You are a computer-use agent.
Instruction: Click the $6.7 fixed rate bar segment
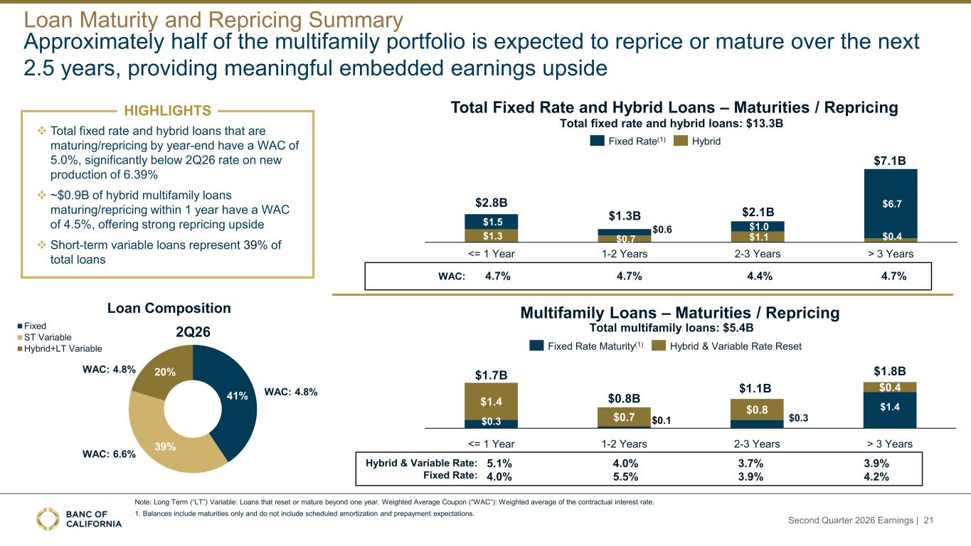[891, 203]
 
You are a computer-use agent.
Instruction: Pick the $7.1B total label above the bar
[890, 161]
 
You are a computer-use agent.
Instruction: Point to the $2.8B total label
[491, 203]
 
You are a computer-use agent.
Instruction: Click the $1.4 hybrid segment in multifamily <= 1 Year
[491, 402]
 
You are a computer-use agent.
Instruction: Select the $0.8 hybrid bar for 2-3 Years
[757, 410]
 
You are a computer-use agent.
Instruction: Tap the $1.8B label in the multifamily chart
[890, 371]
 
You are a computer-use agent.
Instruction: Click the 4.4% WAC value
[760, 276]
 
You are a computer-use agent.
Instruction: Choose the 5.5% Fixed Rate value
[625, 477]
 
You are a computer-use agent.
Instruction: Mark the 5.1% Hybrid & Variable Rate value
[499, 464]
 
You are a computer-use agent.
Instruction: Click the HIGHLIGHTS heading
[167, 111]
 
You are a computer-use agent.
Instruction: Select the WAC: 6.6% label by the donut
[110, 454]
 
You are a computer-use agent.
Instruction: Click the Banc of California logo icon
[48, 519]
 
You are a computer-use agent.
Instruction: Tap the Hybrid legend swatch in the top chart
[681, 141]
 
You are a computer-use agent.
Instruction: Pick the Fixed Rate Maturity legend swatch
[536, 346]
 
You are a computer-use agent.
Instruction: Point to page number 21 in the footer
[928, 520]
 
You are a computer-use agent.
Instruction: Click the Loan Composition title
[169, 308]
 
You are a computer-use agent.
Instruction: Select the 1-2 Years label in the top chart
[625, 254]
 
